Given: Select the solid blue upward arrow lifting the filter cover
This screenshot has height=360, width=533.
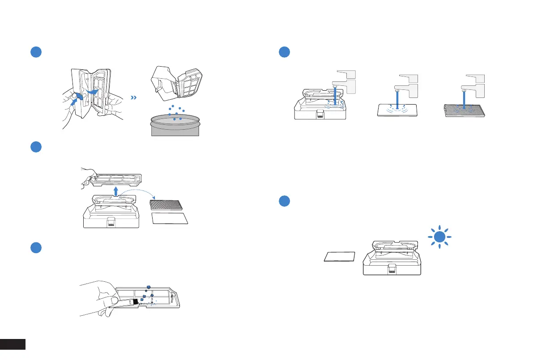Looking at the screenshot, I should tap(115, 192).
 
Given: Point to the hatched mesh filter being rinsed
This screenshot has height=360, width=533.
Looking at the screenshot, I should tap(464, 110).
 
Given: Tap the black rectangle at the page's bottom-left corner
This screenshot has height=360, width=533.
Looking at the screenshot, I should tap(13, 344).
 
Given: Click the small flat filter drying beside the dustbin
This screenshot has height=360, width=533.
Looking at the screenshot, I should tap(340, 257).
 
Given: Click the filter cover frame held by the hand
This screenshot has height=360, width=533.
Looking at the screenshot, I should tap(116, 179).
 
